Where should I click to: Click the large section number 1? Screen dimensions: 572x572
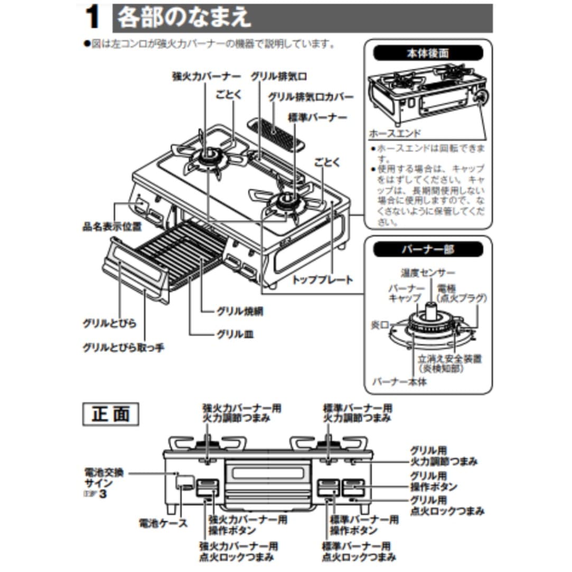tap(93, 18)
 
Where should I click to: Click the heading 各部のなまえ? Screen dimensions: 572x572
tap(184, 18)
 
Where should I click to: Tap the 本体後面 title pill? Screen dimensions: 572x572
tap(428, 54)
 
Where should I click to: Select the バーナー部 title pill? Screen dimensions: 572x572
tap(428, 249)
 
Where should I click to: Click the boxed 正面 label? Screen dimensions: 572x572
tap(110, 414)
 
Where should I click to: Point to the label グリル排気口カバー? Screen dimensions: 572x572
tap(311, 97)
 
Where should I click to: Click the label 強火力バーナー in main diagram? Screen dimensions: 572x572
tap(206, 76)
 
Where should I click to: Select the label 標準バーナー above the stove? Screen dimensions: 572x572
tap(317, 117)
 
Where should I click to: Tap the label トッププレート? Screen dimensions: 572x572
tap(322, 280)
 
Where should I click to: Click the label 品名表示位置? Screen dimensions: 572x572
tap(112, 228)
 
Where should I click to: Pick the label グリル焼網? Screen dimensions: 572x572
tap(240, 312)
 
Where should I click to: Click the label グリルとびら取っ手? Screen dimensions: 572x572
tap(124, 348)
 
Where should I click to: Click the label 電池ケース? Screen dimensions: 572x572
tap(163, 523)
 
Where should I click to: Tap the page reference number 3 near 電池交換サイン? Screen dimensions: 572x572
tap(96, 495)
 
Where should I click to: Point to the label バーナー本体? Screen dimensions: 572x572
tap(399, 381)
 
